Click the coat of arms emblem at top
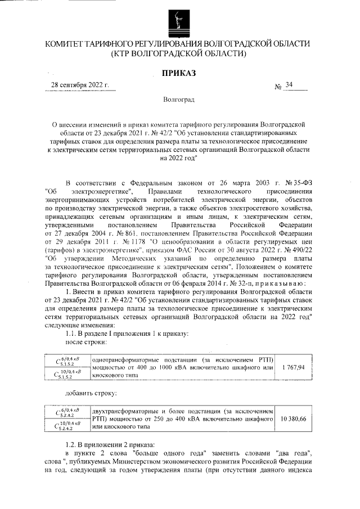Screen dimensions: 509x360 click(178, 20)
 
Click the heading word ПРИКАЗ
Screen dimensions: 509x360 click(178, 73)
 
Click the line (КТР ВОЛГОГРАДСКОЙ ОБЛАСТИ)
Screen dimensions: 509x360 click(178, 54)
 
